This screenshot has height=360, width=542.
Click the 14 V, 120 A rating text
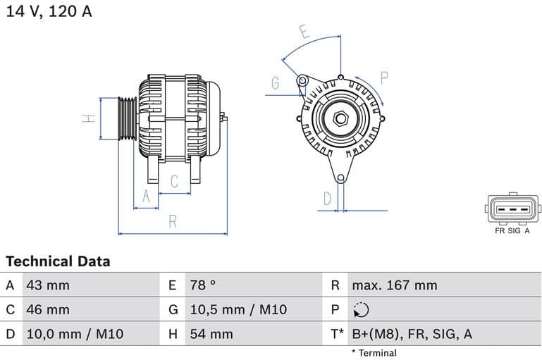click(49, 11)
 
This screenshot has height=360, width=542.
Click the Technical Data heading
click(58, 261)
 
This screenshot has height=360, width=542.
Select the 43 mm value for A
click(47, 285)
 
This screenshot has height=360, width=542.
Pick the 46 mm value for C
click(47, 309)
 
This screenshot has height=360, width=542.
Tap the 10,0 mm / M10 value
click(75, 334)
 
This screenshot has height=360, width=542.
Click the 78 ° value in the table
click(203, 285)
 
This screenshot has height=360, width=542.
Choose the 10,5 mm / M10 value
click(238, 309)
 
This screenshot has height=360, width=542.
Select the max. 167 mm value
click(395, 285)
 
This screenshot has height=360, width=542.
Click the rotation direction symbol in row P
click(361, 310)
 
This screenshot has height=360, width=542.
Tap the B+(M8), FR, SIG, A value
click(412, 334)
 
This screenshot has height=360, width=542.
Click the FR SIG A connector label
click(512, 230)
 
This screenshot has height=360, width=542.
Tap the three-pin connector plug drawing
click(512, 209)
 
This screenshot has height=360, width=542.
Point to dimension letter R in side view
click(173, 222)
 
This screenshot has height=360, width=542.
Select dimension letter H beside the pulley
click(89, 118)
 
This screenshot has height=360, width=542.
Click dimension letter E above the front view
click(304, 32)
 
